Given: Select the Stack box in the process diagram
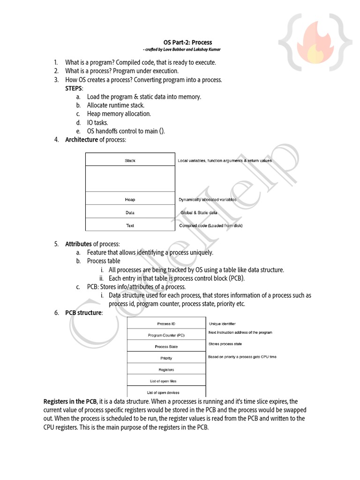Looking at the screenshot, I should tap(130, 160).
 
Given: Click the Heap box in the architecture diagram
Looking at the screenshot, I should tap(130, 199).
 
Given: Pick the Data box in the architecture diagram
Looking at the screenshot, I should tap(130, 212).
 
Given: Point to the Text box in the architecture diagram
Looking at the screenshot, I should tap(130, 225).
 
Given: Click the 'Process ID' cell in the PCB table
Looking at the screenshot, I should tap(166, 324).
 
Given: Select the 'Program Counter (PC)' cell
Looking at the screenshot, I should tap(166, 335).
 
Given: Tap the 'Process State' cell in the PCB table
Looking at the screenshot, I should tap(166, 346).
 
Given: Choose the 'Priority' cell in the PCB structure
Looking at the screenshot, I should tap(166, 358).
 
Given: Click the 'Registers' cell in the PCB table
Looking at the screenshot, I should tap(166, 369).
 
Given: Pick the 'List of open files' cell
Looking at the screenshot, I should tap(166, 381).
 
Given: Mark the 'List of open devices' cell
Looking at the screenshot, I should tap(166, 392).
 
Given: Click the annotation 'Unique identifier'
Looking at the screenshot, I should tap(222, 324).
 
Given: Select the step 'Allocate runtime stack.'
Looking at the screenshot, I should tap(115, 105).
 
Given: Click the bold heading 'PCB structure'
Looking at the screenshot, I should tap(83, 313).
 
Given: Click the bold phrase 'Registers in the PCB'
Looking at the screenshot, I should tap(71, 401).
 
